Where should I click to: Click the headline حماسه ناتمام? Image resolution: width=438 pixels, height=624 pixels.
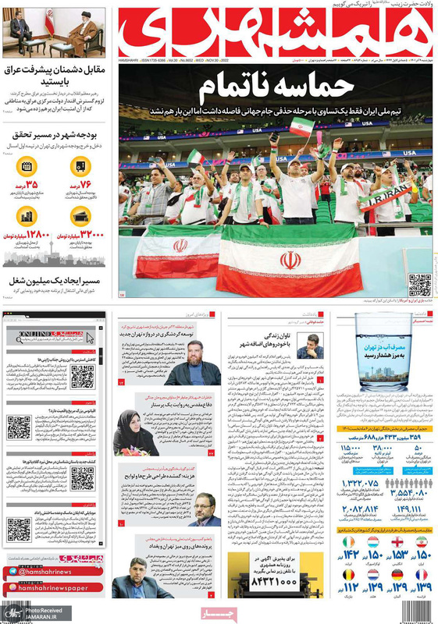pyautogui.click(x=273, y=85)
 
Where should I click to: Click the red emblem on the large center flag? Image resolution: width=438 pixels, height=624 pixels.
pyautogui.click(x=290, y=260)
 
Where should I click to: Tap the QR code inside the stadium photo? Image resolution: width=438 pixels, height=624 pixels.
pyautogui.click(x=419, y=285)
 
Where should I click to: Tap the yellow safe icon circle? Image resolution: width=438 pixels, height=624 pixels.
pyautogui.click(x=84, y=165)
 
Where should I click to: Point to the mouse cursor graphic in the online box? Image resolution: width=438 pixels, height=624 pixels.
pyautogui.click(x=91, y=338)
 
